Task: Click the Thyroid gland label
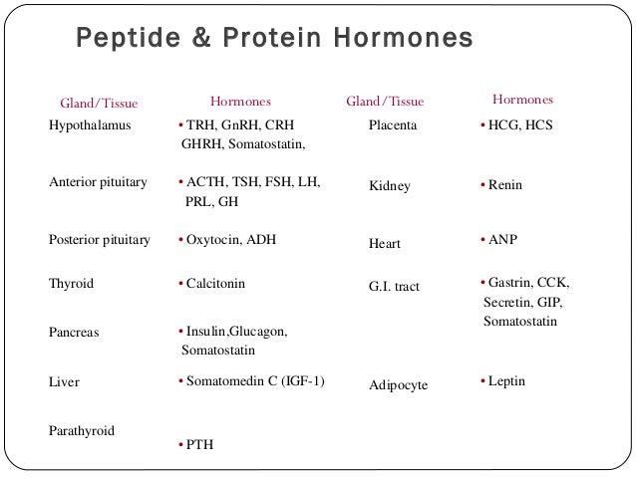[x=71, y=283]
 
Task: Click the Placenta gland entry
[x=394, y=127]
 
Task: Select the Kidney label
[x=389, y=186]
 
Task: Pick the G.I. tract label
[x=394, y=288]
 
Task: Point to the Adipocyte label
[x=398, y=383]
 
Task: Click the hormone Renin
[x=505, y=185]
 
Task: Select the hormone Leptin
[x=506, y=380]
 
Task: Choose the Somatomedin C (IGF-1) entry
[x=253, y=380]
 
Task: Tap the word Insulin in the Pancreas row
[x=200, y=332]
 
